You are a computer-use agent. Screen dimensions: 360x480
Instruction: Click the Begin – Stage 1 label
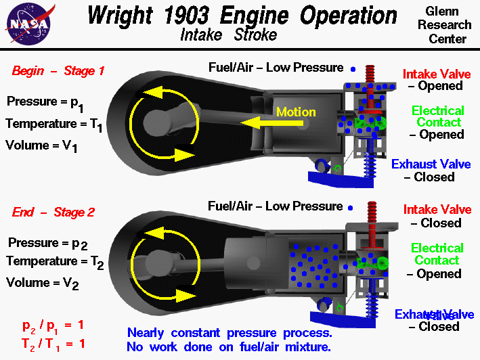coord(58,70)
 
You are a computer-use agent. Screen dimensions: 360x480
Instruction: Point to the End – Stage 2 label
coord(53,212)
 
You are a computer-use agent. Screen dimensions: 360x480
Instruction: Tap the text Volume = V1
coord(43,145)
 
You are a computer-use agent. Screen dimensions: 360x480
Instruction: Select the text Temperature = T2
coord(54,262)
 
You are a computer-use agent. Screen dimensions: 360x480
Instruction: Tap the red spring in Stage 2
coord(371,219)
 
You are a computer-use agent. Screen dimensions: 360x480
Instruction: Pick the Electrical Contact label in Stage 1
coord(438,116)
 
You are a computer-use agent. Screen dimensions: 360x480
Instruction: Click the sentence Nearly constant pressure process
coord(230,333)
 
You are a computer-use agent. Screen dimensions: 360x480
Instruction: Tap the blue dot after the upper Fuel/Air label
coord(353,68)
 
